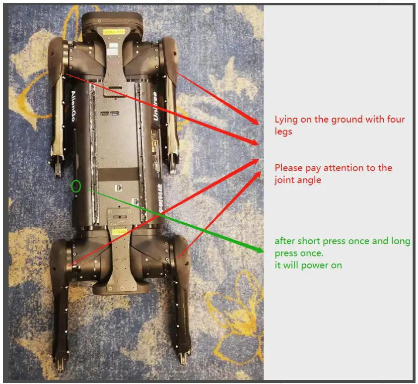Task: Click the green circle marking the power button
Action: [x=75, y=187]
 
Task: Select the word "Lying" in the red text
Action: [x=286, y=120]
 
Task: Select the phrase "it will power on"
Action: [x=308, y=265]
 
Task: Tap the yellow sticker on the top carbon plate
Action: [x=114, y=32]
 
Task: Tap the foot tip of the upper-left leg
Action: [x=57, y=168]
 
